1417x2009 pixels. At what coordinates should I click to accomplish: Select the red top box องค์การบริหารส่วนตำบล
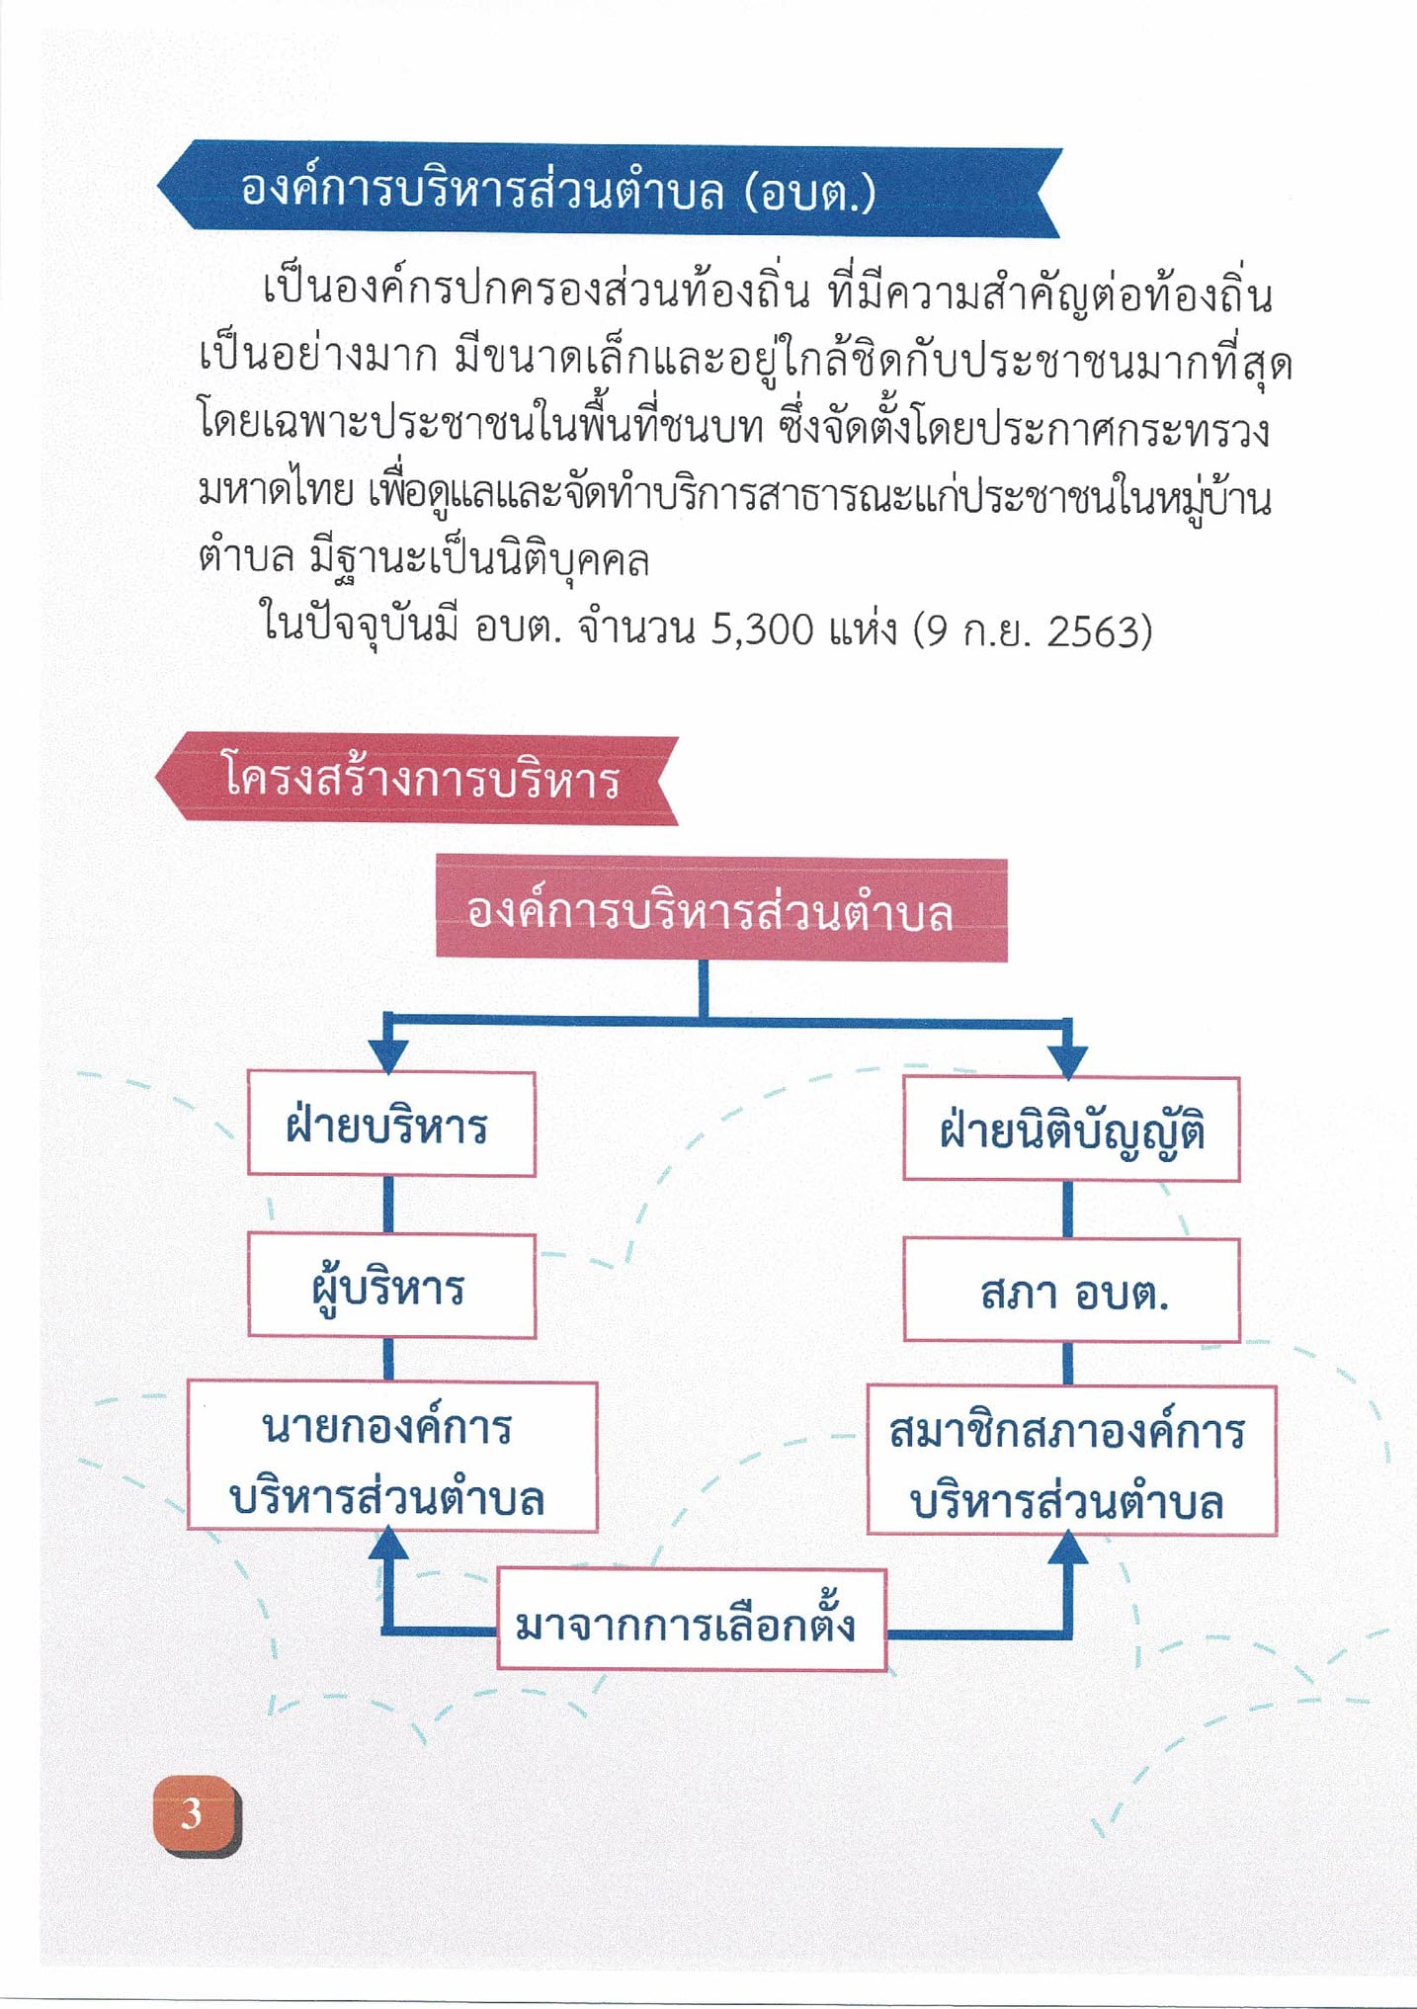point(721,909)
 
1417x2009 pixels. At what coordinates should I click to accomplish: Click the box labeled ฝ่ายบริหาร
point(391,1124)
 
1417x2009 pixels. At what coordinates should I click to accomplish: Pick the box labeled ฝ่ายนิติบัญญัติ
point(1071,1129)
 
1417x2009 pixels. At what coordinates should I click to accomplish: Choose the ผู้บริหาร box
point(391,1286)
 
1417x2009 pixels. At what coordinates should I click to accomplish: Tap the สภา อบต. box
point(1071,1290)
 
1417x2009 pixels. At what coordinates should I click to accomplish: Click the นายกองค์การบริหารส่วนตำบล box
point(392,1457)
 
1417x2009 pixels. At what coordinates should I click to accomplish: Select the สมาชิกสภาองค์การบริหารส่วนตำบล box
point(1071,1461)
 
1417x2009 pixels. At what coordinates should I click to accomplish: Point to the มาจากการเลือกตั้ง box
point(691,1619)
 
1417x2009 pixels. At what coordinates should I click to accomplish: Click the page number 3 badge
point(196,1815)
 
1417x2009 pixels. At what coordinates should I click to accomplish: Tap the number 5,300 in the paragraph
point(762,629)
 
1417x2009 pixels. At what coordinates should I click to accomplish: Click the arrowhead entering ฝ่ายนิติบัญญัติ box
point(1067,1059)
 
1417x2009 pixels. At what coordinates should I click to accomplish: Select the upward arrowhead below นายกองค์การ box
point(388,1545)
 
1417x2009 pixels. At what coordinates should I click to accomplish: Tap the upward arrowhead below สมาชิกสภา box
point(1067,1549)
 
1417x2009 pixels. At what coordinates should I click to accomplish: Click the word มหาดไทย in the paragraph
point(276,490)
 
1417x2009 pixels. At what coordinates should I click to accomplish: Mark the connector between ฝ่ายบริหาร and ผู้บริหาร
point(388,1205)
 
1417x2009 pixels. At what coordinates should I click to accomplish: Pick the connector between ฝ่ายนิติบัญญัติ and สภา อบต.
point(1068,1210)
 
